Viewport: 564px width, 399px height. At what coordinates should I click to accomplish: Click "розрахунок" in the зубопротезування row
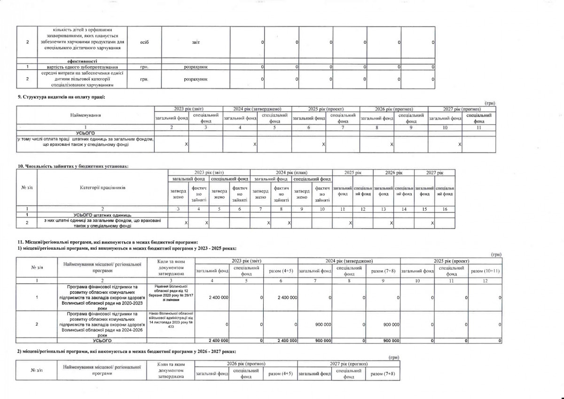pyautogui.click(x=196, y=67)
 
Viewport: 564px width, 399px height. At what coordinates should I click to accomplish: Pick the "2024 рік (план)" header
pyautogui.click(x=291, y=173)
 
